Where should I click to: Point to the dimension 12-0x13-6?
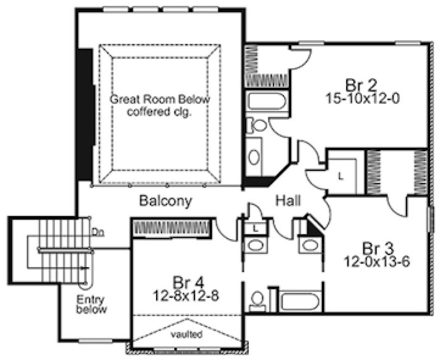tap(376, 261)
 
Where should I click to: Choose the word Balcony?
tap(165, 201)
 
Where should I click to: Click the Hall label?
tap(289, 201)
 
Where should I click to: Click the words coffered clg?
tap(160, 112)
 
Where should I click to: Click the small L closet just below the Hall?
tap(254, 229)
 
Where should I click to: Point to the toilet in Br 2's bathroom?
tap(259, 126)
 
